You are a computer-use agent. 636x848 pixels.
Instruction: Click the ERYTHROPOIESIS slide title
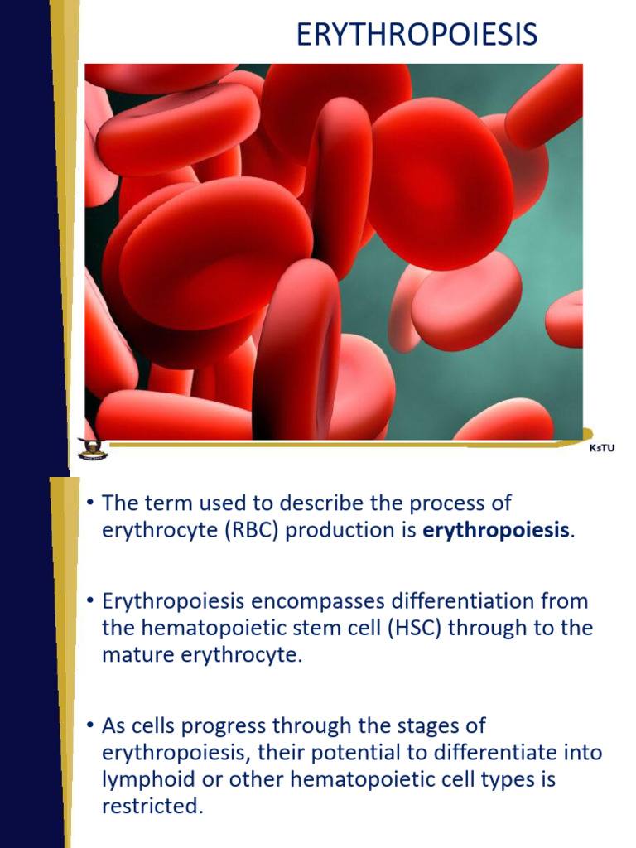[x=417, y=35]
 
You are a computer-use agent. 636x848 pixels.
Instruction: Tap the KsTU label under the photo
[x=602, y=449]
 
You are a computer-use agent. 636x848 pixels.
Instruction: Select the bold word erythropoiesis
[x=496, y=530]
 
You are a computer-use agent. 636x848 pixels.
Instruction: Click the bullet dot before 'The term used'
[x=90, y=503]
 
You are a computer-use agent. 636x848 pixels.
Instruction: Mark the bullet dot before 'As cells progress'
[x=90, y=726]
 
